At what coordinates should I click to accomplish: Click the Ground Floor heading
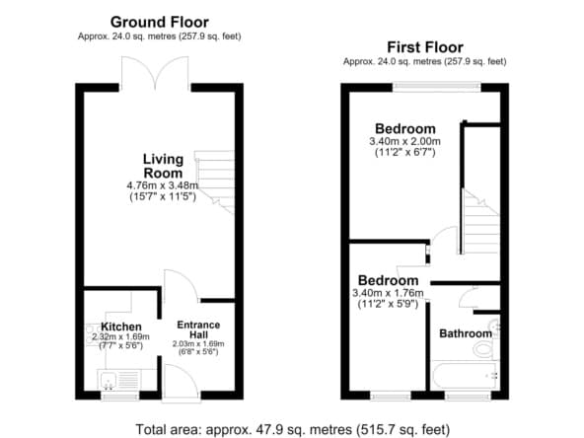(x=160, y=23)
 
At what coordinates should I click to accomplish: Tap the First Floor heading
(x=425, y=47)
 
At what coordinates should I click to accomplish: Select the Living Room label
(x=163, y=166)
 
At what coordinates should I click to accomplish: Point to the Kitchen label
(x=121, y=327)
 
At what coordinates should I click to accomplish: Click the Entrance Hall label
(x=198, y=329)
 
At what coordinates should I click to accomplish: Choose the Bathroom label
(x=466, y=333)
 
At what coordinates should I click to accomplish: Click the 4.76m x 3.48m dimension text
(x=163, y=185)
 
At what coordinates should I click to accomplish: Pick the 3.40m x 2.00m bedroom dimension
(x=404, y=141)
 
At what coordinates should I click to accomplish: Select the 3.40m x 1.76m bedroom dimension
(x=388, y=293)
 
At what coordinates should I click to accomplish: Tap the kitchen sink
(x=109, y=380)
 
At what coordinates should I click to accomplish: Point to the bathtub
(x=465, y=375)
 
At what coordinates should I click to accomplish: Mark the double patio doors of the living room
(x=155, y=73)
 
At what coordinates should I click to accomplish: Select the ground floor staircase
(x=215, y=182)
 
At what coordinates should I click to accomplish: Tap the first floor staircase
(x=480, y=222)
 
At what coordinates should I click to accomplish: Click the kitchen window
(x=120, y=396)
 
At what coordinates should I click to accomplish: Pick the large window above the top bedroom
(x=436, y=87)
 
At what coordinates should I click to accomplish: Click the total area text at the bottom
(x=292, y=429)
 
